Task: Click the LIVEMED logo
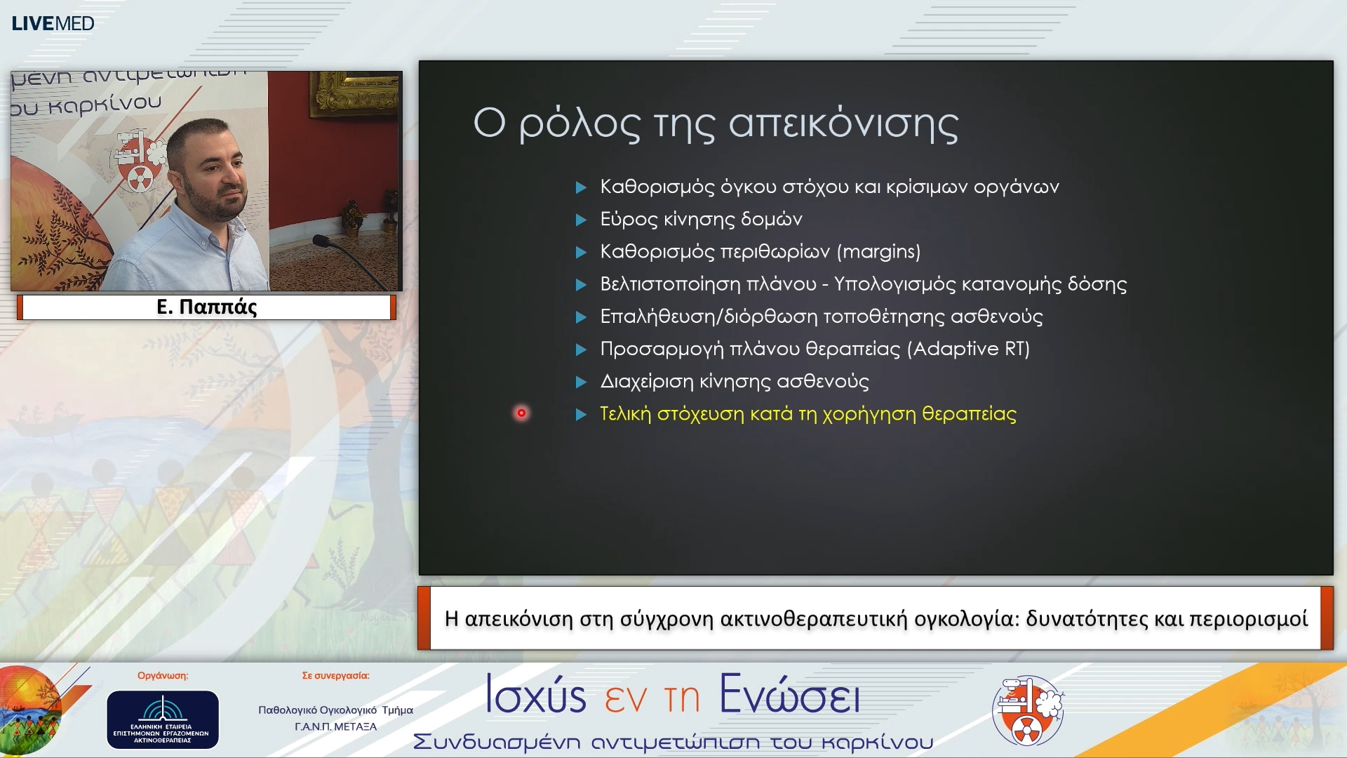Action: pos(53,23)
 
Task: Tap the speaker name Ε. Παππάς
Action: pos(207,307)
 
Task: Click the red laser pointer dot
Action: pos(521,413)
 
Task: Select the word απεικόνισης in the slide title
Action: pos(843,124)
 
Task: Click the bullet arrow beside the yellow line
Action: pos(581,415)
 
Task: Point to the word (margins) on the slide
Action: pos(878,251)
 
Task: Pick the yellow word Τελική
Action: pos(625,414)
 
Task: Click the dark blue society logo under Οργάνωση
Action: pos(163,719)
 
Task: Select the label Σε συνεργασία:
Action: pos(335,676)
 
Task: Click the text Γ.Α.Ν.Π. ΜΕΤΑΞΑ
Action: pos(335,726)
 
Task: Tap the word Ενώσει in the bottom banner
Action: pos(789,695)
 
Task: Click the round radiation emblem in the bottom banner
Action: pos(1028,710)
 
